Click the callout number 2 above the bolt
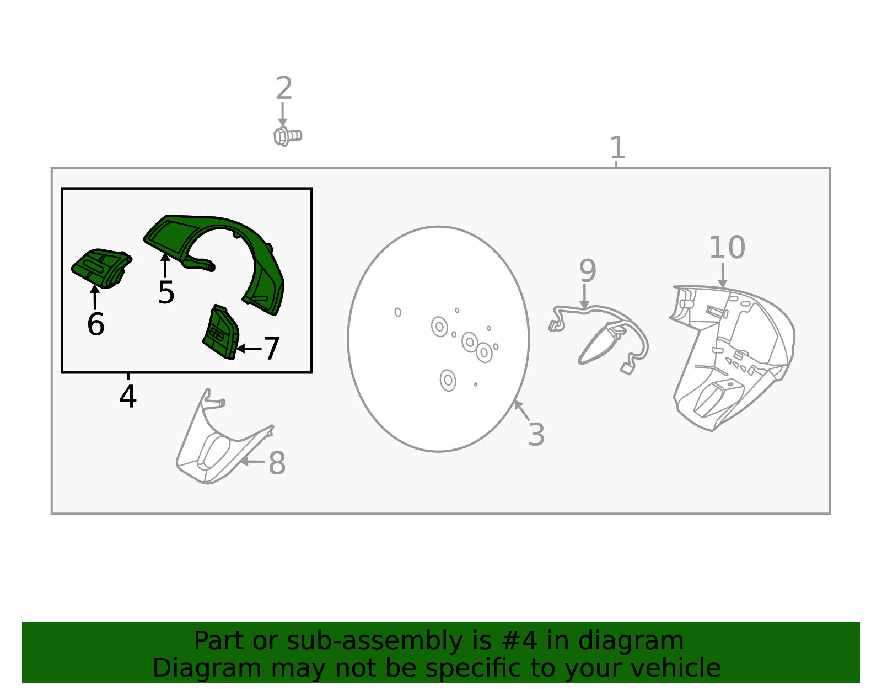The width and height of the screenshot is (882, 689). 284,88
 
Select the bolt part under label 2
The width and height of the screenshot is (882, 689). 287,136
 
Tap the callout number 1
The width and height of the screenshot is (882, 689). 617,148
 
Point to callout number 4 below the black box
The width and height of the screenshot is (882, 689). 128,396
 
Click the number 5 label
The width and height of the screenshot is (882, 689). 166,292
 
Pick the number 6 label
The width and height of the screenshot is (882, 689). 96,324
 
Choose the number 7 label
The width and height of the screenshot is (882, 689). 272,348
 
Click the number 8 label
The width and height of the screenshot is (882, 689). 277,463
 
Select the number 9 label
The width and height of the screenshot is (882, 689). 588,270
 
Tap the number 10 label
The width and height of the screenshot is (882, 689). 727,247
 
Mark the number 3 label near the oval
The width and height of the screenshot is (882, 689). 536,435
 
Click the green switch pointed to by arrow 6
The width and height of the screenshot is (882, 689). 101,268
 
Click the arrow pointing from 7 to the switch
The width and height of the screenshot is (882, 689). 249,348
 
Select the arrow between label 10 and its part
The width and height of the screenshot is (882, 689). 723,275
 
